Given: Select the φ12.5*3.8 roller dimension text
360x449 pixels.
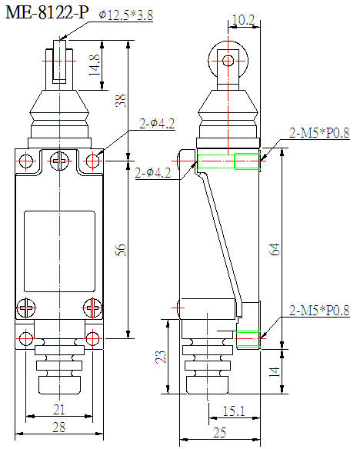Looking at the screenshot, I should [128, 14].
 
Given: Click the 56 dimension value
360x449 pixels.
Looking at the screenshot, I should [119, 250].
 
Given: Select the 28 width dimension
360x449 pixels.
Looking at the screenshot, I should [58, 427].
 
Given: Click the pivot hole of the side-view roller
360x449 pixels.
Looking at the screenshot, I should [226, 61].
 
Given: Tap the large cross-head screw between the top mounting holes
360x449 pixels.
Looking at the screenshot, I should [58, 161].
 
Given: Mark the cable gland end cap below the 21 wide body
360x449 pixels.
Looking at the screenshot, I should [58, 382].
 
